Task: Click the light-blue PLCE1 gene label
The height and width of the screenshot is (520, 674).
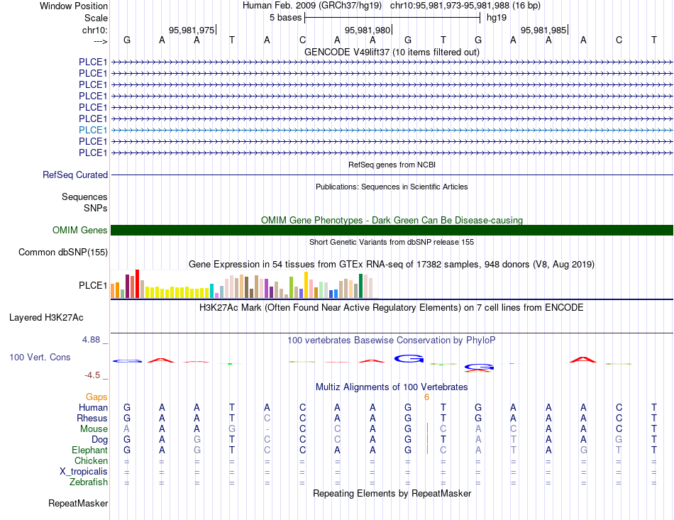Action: tap(93, 130)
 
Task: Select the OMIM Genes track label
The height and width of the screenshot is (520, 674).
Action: tap(79, 230)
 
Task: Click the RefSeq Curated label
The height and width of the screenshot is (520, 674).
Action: tap(74, 175)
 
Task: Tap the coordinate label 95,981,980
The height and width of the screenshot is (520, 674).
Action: tap(367, 30)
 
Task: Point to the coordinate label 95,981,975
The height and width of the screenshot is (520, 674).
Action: tap(192, 30)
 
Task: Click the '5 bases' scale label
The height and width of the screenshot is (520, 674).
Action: tap(285, 18)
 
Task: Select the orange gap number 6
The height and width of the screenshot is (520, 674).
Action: tap(426, 397)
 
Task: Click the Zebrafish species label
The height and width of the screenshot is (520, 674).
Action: tap(89, 482)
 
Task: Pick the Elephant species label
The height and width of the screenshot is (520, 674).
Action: tap(89, 450)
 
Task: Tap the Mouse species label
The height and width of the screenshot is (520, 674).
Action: tap(94, 429)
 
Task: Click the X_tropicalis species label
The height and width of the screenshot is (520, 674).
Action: tap(84, 472)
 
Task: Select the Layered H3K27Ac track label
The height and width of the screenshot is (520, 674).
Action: tap(46, 318)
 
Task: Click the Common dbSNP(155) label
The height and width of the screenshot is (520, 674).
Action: tap(62, 253)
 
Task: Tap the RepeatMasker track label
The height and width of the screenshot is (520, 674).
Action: tap(78, 503)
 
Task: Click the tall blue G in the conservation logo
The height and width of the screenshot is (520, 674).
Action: tap(409, 358)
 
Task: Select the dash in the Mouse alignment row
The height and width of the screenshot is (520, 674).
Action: tap(267, 429)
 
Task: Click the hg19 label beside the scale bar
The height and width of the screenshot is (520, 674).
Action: tap(497, 18)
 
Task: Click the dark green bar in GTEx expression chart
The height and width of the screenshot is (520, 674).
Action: tap(360, 286)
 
